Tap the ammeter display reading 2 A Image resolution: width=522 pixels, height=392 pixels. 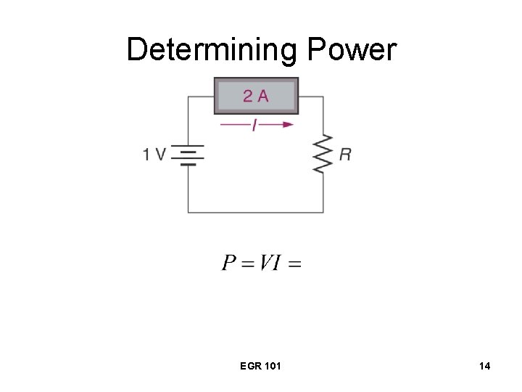pyautogui.click(x=256, y=96)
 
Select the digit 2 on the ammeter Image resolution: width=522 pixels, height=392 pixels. pyautogui.click(x=248, y=96)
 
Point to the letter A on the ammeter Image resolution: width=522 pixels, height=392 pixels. pyautogui.click(x=262, y=96)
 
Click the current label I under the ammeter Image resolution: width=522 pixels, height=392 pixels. pyautogui.click(x=254, y=125)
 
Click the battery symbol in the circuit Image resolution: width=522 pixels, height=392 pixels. pyautogui.click(x=188, y=155)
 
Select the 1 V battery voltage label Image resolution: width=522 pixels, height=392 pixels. pyautogui.click(x=154, y=154)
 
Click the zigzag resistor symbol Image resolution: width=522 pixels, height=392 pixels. pyautogui.click(x=323, y=154)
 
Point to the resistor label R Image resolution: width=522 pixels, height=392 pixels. pyautogui.click(x=345, y=154)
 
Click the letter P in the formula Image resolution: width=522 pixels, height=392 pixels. pyautogui.click(x=229, y=262)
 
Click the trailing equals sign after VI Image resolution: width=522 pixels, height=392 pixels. pyautogui.click(x=294, y=263)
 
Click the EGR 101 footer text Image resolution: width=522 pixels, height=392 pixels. pyautogui.click(x=260, y=366)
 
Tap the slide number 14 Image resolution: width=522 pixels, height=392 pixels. pyautogui.click(x=484, y=366)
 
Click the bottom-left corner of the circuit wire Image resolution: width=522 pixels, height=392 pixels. pyautogui.click(x=188, y=212)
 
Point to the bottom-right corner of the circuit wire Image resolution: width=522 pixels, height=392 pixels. pyautogui.click(x=323, y=212)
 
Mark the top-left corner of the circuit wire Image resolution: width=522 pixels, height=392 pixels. pyautogui.click(x=188, y=97)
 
